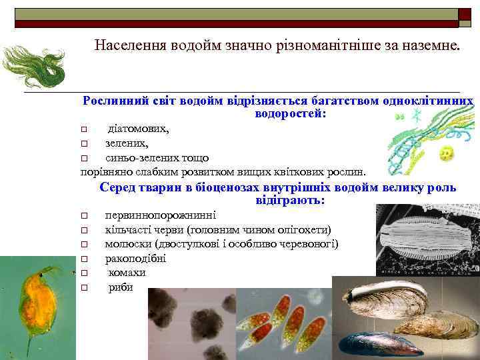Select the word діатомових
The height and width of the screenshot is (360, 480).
tap(138, 129)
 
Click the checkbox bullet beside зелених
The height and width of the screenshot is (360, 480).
tap(84, 143)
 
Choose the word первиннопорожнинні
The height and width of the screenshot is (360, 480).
tap(160, 215)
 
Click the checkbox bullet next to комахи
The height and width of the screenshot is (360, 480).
tap(84, 273)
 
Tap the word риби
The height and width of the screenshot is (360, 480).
tap(121, 287)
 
